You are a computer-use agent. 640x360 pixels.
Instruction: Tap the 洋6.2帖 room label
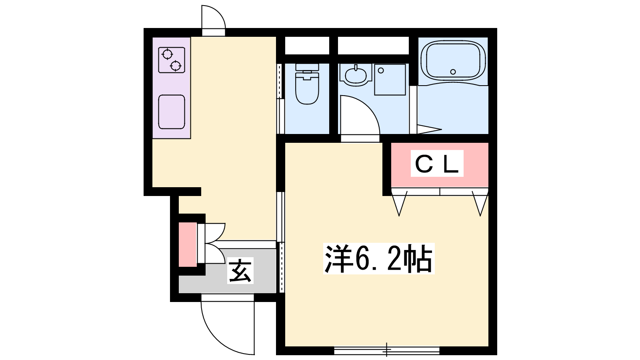[378, 258]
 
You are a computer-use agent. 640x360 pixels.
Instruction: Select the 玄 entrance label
[240, 270]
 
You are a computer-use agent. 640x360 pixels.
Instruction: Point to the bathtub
[453, 61]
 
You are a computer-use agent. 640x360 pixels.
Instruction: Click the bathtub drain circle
[453, 72]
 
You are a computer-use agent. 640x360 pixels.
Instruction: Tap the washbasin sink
[356, 75]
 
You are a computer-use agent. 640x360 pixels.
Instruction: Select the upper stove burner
[167, 54]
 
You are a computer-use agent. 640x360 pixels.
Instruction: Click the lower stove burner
[175, 66]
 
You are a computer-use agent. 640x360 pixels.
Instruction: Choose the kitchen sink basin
[172, 112]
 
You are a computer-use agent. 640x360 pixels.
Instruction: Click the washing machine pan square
[390, 80]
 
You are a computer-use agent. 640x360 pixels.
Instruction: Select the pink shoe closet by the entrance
[188, 244]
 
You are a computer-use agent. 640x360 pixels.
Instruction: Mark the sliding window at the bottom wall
[386, 350]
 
